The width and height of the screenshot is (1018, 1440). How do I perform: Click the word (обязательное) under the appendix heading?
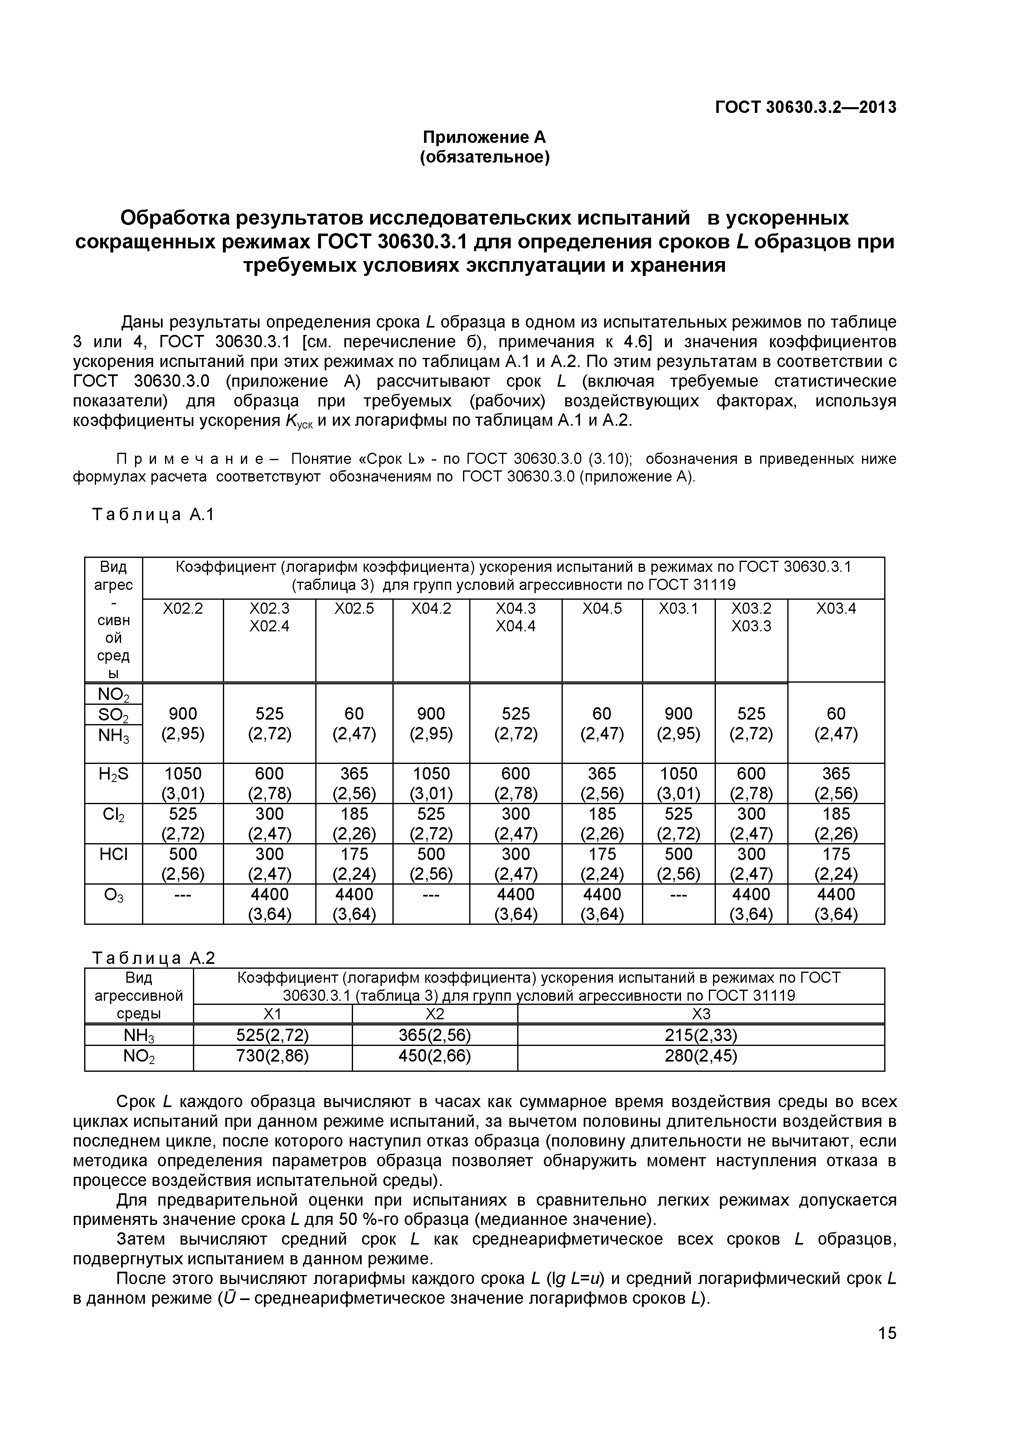(x=484, y=157)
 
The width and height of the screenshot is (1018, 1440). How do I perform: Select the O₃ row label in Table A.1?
(x=114, y=896)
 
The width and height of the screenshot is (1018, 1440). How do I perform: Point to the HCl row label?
(x=114, y=855)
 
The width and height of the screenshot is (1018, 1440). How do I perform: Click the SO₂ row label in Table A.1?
(x=114, y=715)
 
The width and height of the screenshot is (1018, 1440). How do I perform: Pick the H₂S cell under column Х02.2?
(x=183, y=783)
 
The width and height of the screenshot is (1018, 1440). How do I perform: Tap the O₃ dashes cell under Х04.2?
(x=431, y=894)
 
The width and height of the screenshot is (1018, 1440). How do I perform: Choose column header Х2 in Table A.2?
(x=435, y=1014)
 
